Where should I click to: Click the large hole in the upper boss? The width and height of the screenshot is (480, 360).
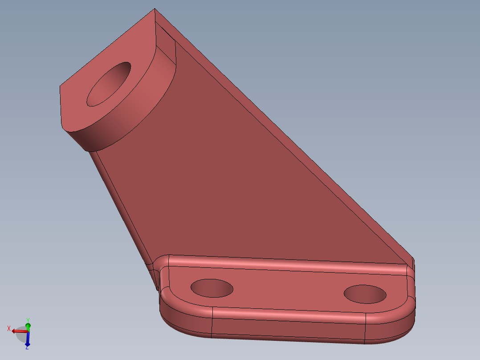pyautogui.click(x=109, y=85)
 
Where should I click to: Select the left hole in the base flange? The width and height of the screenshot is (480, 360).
pyautogui.click(x=212, y=288)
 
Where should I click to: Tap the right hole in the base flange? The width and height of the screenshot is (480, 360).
pyautogui.click(x=365, y=294)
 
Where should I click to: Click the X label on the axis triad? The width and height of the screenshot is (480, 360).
pyautogui.click(x=8, y=328)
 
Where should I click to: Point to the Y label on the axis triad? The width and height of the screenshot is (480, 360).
pyautogui.click(x=28, y=320)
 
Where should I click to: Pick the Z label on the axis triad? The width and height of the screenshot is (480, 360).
pyautogui.click(x=27, y=347)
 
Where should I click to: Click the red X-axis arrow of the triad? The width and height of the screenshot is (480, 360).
pyautogui.click(x=18, y=331)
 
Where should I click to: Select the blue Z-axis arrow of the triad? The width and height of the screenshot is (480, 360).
pyautogui.click(x=28, y=340)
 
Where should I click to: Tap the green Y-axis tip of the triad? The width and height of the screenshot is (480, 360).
pyautogui.click(x=28, y=326)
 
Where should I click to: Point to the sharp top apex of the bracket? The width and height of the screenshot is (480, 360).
pyautogui.click(x=155, y=9)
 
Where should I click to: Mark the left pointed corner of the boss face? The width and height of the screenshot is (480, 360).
pyautogui.click(x=61, y=86)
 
